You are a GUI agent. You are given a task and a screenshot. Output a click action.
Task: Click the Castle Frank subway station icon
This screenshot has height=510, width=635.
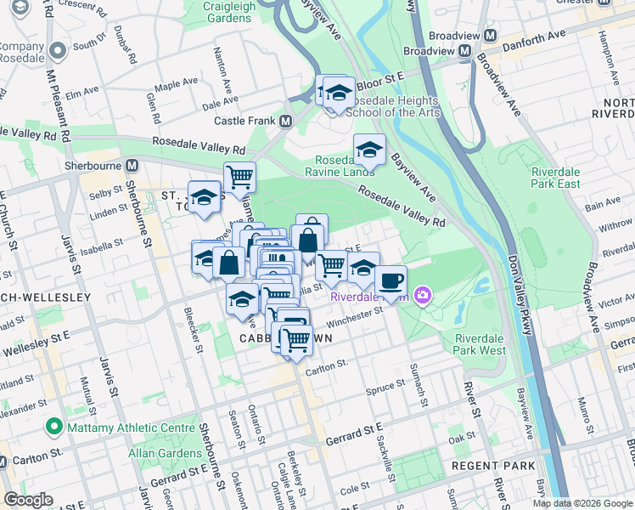point(285,121)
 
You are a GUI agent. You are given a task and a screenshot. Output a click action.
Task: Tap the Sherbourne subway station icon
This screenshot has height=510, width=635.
point(132,165)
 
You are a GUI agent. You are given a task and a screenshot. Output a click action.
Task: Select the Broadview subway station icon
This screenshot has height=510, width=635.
point(465,51)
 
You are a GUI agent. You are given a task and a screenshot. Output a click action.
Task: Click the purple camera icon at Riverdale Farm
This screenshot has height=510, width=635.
point(423,296)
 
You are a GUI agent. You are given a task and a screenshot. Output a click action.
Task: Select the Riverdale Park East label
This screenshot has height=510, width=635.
point(556,178)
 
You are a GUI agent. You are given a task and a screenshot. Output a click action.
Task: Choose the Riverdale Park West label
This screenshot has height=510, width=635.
point(479,343)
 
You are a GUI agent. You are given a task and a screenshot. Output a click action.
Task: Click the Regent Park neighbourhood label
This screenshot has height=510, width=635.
point(493,466)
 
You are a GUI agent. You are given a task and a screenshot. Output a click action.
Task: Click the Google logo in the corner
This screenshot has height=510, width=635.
point(28,500)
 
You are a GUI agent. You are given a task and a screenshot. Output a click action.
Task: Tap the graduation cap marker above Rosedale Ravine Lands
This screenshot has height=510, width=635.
point(369,150)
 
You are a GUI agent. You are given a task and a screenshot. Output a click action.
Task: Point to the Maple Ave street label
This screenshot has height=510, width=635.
point(175,86)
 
